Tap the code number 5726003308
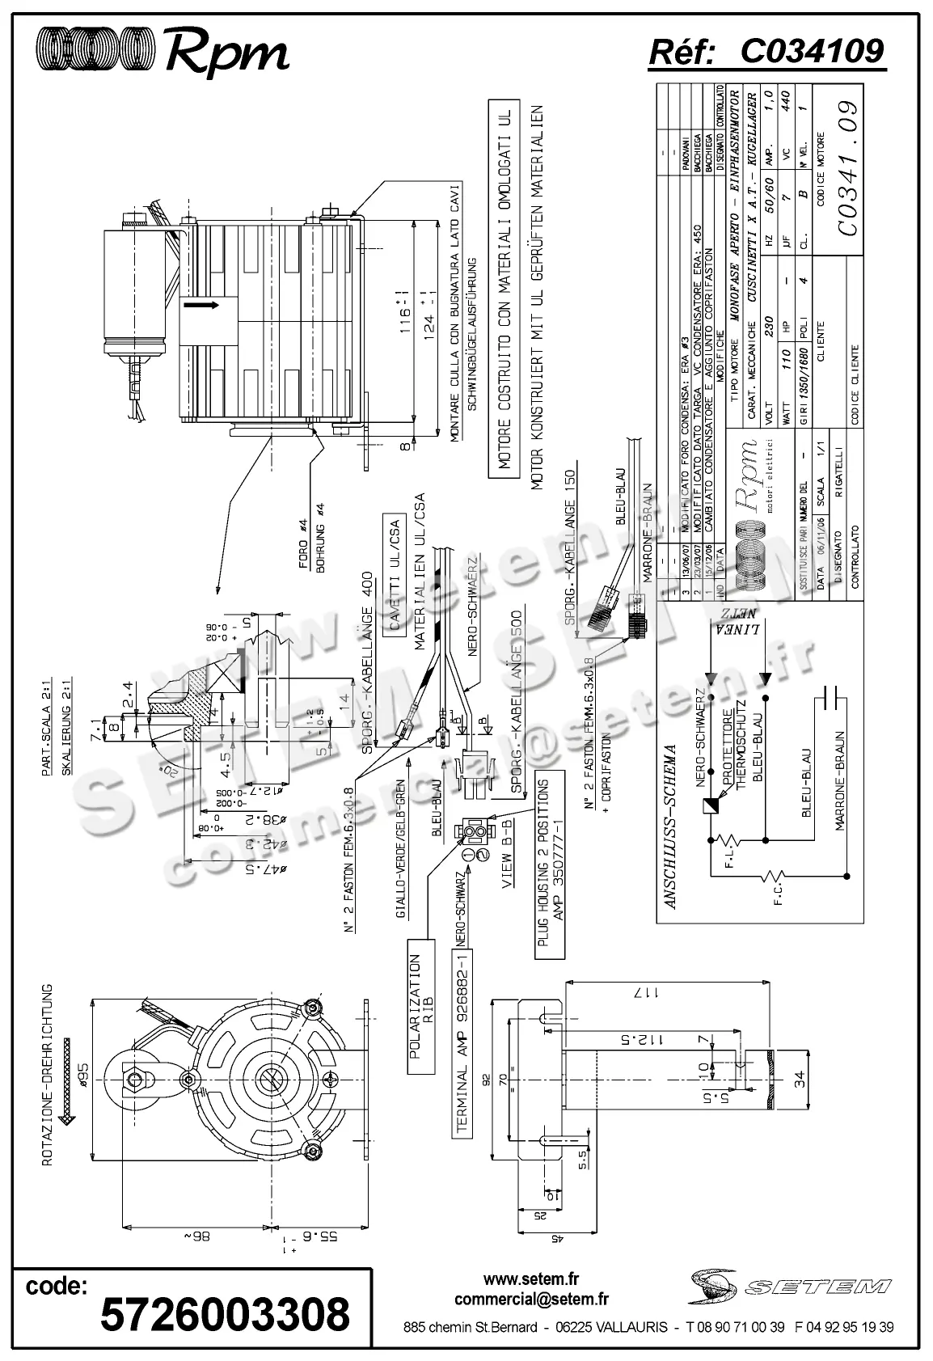point(225,1313)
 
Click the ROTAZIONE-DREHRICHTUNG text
point(48,1076)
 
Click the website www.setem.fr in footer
point(531,1280)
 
